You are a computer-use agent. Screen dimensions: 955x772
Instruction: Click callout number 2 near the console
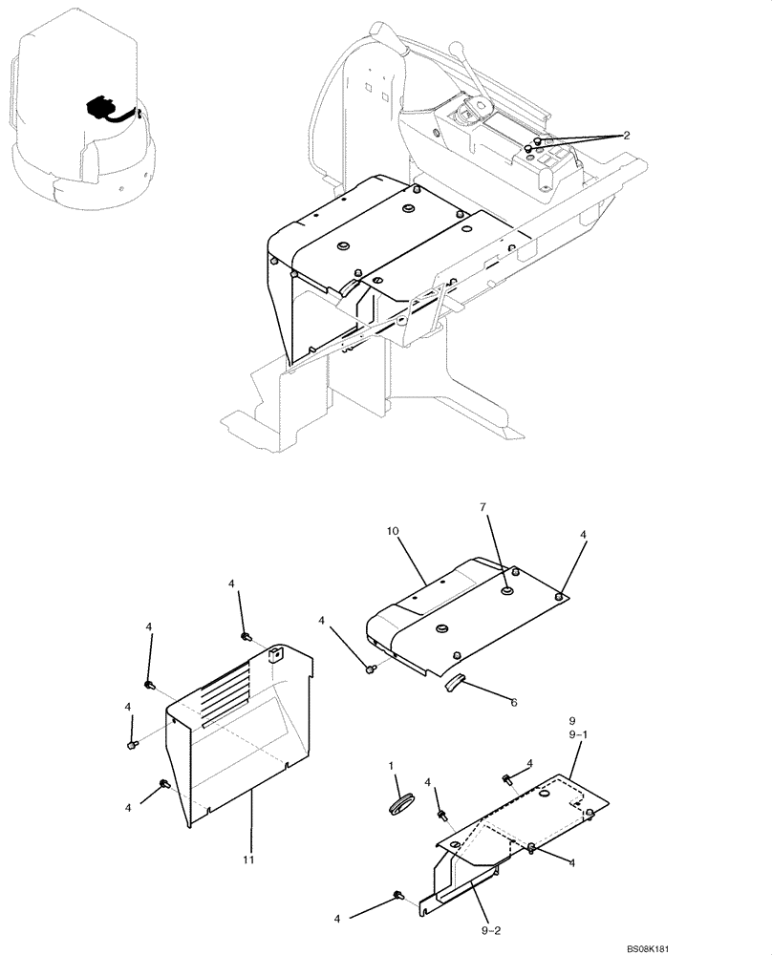click(x=626, y=136)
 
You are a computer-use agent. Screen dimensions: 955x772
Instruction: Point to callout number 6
click(x=513, y=702)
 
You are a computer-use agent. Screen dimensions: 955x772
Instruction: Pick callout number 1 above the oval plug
click(x=391, y=767)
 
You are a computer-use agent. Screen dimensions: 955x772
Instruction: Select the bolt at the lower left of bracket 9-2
click(x=397, y=894)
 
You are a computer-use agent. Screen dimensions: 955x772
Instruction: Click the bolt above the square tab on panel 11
click(x=246, y=636)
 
